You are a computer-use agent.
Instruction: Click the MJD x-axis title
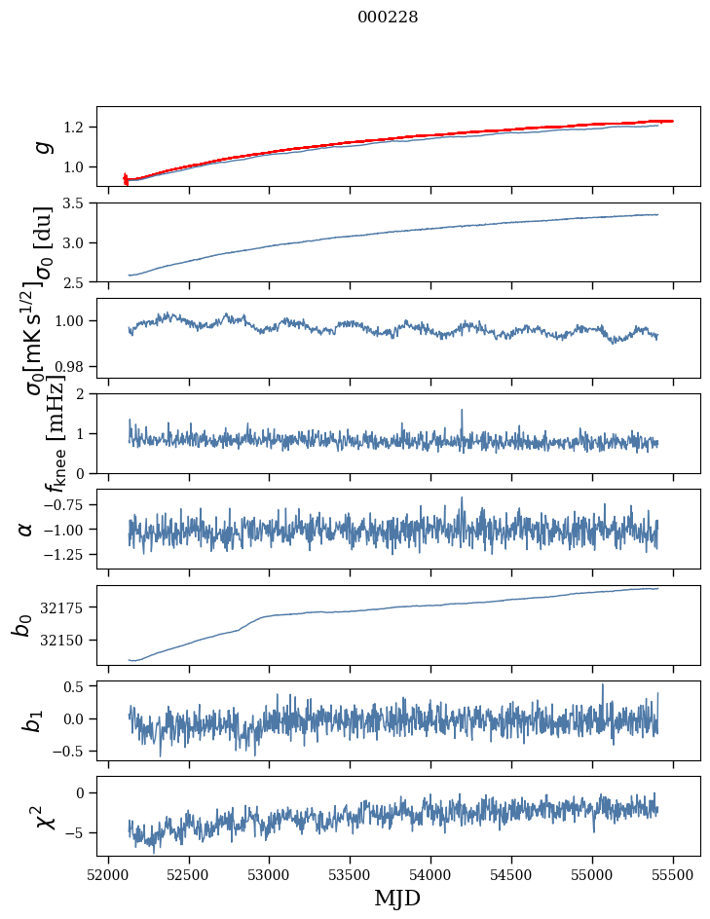[397, 898]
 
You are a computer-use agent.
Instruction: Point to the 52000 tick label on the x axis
[108, 873]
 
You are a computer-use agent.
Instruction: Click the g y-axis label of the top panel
[42, 147]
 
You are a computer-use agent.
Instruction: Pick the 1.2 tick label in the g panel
[78, 128]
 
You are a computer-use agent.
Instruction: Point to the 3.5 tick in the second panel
[78, 203]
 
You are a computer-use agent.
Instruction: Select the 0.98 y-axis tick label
[74, 366]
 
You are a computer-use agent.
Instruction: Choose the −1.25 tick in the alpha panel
[68, 554]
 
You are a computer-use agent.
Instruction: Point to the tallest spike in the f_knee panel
[462, 410]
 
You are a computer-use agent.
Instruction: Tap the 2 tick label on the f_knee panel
[85, 394]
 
